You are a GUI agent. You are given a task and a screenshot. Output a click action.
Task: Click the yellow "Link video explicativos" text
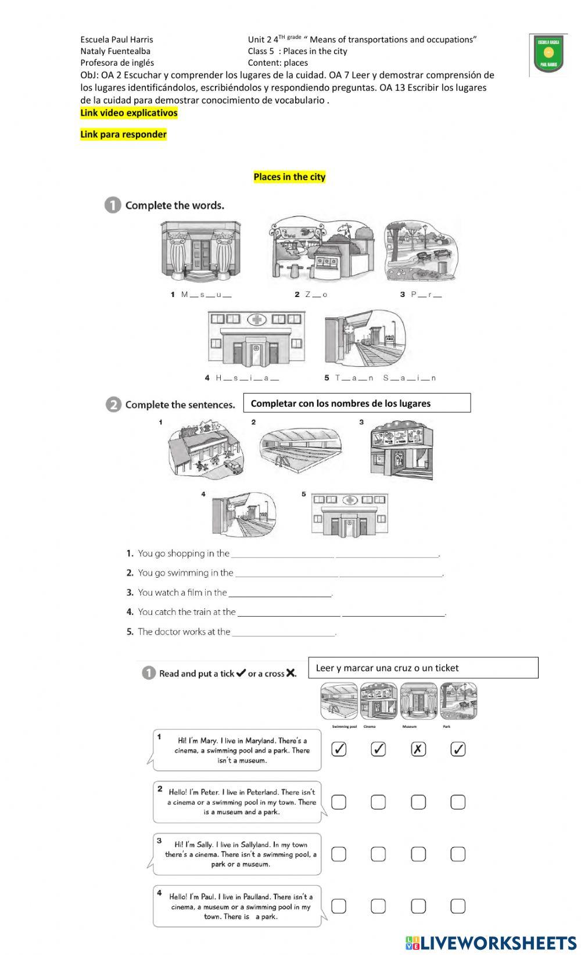(128, 113)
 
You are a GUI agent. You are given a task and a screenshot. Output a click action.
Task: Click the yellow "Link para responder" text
(123, 134)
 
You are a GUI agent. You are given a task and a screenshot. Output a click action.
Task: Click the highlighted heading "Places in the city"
(289, 177)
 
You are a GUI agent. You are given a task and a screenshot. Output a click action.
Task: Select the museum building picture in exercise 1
(200, 251)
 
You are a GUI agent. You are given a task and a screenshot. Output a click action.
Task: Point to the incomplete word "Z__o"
(312, 295)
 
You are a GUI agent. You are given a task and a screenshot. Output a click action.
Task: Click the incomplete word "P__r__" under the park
(422, 295)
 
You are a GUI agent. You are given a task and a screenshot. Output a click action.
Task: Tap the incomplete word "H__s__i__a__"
(242, 378)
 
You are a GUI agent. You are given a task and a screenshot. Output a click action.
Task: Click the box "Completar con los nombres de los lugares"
(357, 403)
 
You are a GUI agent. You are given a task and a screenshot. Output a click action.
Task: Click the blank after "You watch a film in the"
(280, 593)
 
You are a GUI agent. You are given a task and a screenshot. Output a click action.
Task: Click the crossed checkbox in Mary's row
(418, 749)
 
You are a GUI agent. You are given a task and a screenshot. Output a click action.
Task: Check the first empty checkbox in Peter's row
(339, 802)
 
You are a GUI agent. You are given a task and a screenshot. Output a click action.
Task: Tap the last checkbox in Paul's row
(458, 906)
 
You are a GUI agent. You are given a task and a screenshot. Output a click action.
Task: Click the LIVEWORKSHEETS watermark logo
(491, 942)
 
